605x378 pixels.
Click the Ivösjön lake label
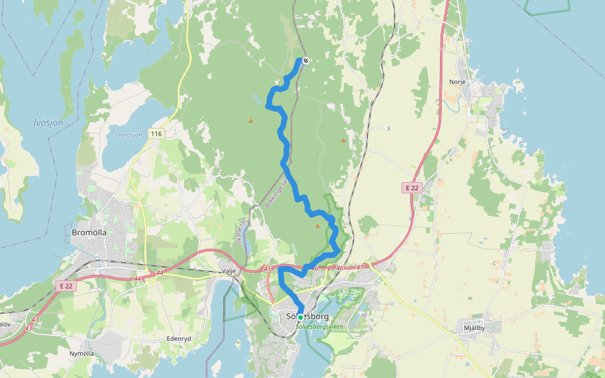pyautogui.click(x=48, y=122)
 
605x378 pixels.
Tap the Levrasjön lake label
pyautogui.click(x=129, y=135)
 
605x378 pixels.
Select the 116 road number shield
pyautogui.click(x=156, y=134)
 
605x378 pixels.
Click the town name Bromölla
pyautogui.click(x=89, y=232)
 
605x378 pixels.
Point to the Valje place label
pyautogui.click(x=228, y=271)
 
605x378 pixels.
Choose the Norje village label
pyautogui.click(x=457, y=82)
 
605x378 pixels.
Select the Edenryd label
pyautogui.click(x=178, y=338)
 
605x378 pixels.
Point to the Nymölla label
pyautogui.click(x=81, y=353)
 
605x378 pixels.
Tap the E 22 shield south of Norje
pyautogui.click(x=412, y=188)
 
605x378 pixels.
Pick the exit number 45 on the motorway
pyautogui.click(x=267, y=269)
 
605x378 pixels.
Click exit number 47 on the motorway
pyautogui.click(x=360, y=268)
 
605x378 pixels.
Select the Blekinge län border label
pyautogui.click(x=275, y=193)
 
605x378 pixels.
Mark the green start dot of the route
pyautogui.click(x=301, y=317)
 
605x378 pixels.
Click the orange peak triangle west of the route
pyautogui.click(x=251, y=120)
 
